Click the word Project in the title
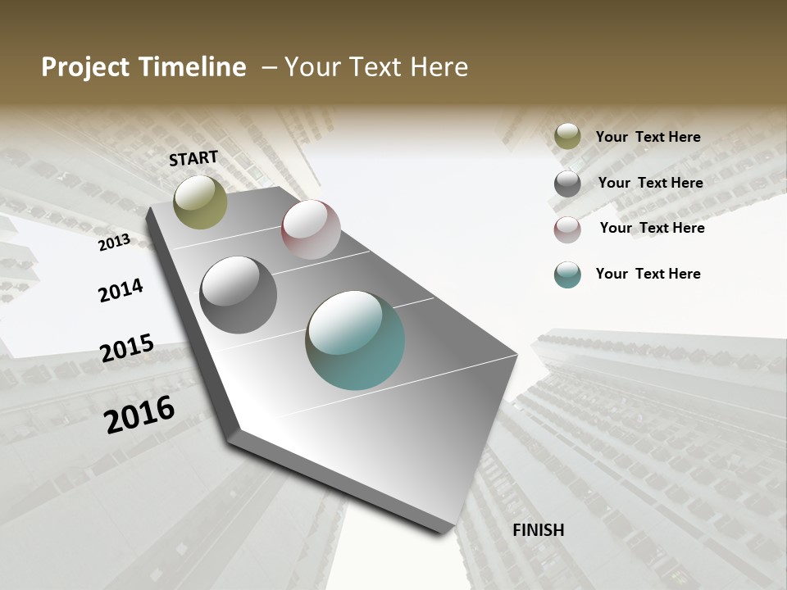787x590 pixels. click(85, 67)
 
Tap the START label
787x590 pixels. click(193, 158)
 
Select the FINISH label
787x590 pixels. click(539, 530)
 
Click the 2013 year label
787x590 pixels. click(114, 242)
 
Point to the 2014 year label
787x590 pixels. click(121, 290)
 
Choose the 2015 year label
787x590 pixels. click(127, 348)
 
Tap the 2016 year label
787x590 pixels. click(139, 414)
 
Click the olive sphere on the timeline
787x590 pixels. click(201, 202)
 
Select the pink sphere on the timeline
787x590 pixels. click(311, 229)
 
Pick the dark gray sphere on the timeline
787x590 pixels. click(239, 295)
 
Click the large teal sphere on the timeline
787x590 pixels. click(355, 340)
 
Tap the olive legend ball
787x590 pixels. click(567, 137)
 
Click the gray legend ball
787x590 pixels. click(567, 184)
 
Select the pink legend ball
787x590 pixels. click(567, 229)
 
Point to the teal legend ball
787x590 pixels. click(567, 275)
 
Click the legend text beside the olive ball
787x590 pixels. click(648, 137)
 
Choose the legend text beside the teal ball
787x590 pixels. click(648, 274)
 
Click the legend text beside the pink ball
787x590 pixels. click(652, 228)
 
